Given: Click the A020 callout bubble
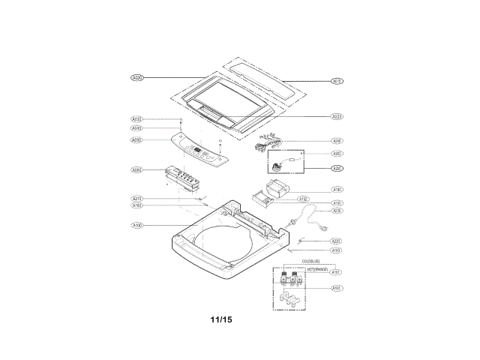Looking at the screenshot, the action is coord(137,77).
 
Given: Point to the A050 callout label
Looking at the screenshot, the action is coord(137,140).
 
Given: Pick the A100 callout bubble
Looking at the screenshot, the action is coord(137,225).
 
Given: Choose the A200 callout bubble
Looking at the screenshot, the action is coord(337,169).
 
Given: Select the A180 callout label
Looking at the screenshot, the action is coord(337,190).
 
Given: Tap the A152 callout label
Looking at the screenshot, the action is coord(304,199).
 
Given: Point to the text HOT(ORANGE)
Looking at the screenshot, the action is coord(316,268).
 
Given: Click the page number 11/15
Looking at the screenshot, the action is coord(221,319).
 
